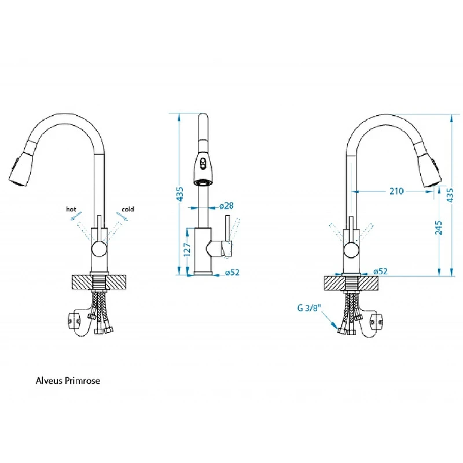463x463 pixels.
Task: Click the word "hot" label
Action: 71,210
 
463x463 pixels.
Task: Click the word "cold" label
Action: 128,209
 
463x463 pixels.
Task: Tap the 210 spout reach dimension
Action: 396,192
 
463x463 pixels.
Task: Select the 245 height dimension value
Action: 439,227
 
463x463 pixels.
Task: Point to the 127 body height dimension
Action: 187,249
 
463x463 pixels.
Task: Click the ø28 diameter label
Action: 226,206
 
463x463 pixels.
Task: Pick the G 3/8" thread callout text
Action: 309,308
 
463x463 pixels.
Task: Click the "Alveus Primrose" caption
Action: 68,381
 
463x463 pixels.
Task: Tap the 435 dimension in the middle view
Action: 180,194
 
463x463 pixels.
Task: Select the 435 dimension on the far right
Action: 450,195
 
